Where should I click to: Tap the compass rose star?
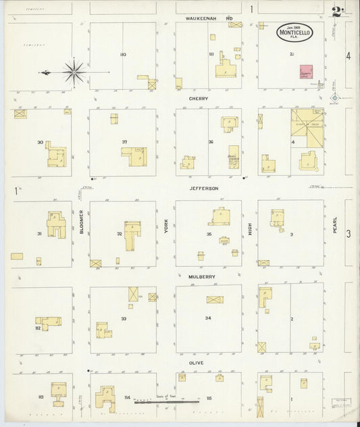[73, 71]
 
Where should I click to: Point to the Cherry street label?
[199, 99]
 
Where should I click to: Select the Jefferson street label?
[204, 189]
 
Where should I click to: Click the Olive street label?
[197, 363]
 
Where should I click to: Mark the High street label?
[249, 230]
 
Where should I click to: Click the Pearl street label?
[334, 226]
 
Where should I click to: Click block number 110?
[123, 54]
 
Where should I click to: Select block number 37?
[125, 142]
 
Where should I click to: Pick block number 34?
[208, 318]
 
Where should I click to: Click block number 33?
[124, 318]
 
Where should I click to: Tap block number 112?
[38, 328]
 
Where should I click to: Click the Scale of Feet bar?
[166, 403]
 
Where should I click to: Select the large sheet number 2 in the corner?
[336, 11]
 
